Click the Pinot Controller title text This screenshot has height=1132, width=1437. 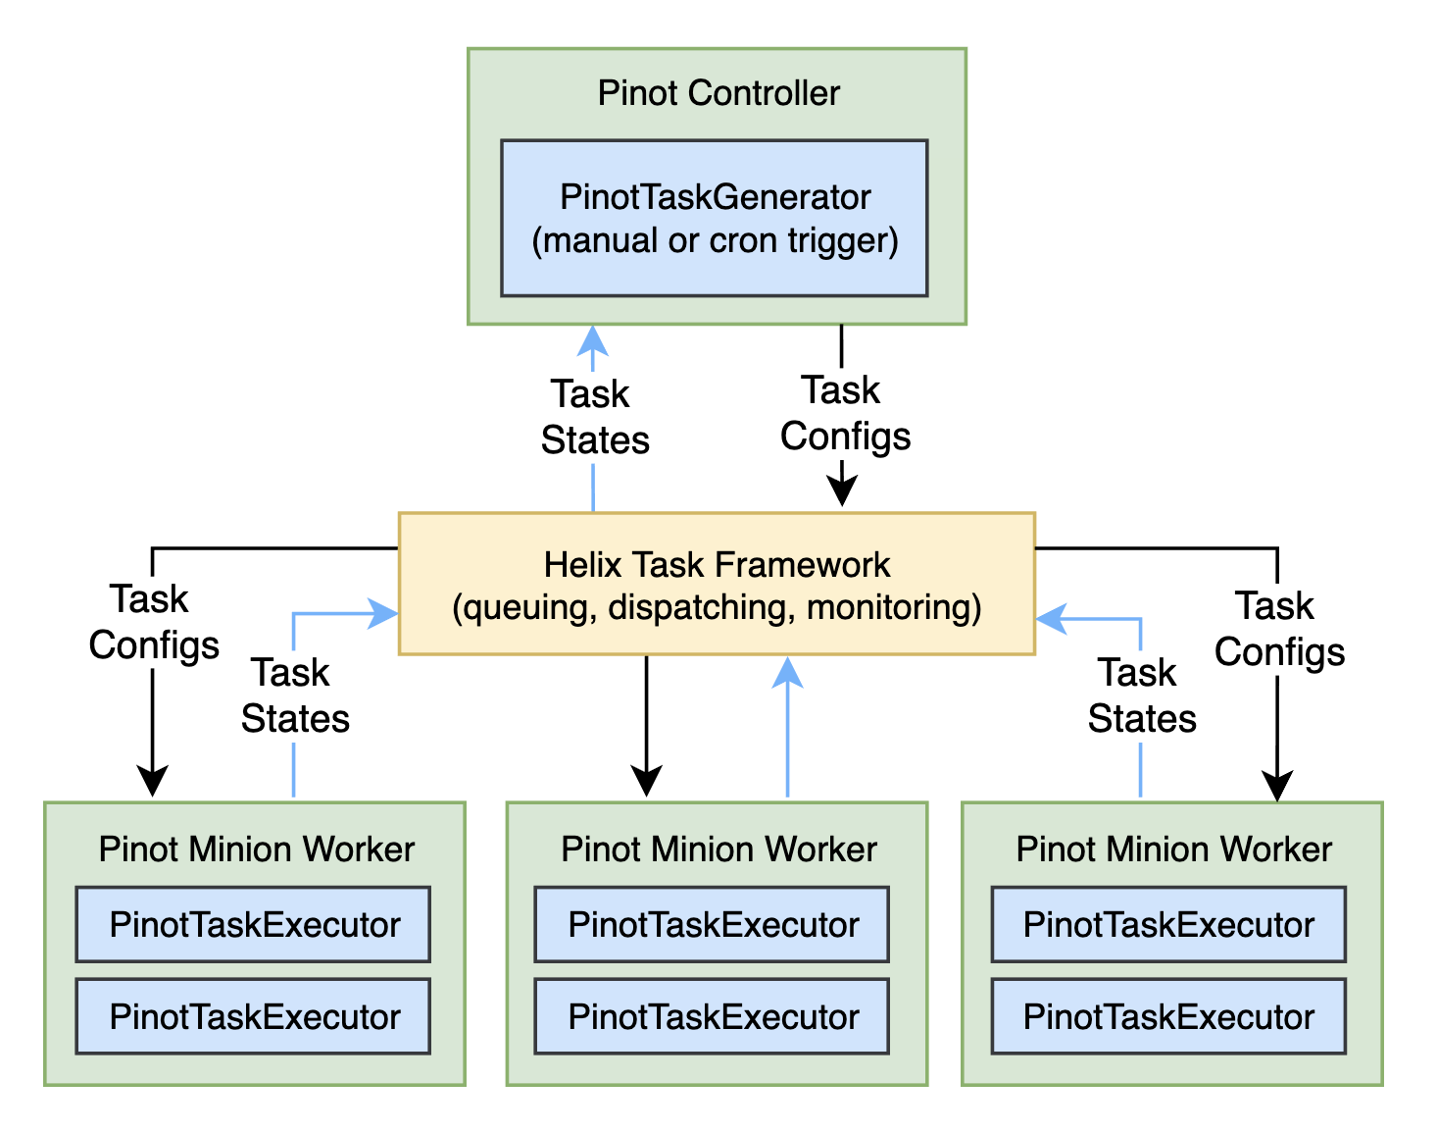point(718,93)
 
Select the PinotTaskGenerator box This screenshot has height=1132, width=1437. point(715,218)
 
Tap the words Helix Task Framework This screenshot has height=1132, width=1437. point(717,565)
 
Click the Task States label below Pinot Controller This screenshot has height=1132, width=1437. point(594,417)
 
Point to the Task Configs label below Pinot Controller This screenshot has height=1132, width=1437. point(844,413)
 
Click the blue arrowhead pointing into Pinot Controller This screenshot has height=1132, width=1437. point(593,340)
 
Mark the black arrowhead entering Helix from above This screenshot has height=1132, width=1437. point(842,490)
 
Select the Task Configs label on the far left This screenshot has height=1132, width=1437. point(153,622)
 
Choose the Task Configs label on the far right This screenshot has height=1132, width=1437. point(1278,629)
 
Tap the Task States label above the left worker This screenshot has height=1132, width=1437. point(294,695)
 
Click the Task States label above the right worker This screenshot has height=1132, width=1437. point(1141,695)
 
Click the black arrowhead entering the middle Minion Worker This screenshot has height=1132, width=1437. point(646,782)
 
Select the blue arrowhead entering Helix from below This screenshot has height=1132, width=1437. point(787,673)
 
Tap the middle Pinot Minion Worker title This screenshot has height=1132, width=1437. point(718,849)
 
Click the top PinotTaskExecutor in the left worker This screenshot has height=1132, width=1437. point(253,924)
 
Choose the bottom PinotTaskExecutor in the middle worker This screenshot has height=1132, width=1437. point(713,1016)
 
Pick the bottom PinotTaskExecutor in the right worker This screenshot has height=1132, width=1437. point(1168,1016)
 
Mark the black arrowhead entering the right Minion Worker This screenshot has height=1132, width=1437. point(1277,785)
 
